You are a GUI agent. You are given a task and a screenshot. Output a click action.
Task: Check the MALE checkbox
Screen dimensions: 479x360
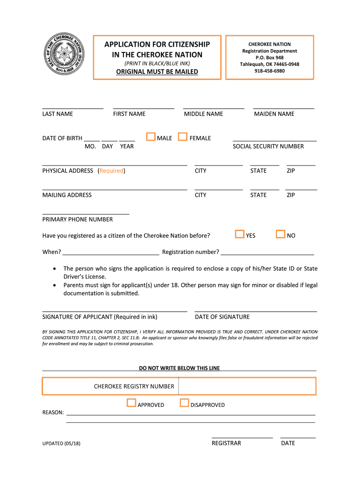click(151, 137)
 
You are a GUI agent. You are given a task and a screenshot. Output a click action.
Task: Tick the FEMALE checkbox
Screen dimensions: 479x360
click(183, 137)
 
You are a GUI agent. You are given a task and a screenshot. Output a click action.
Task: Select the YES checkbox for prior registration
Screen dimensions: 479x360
click(240, 234)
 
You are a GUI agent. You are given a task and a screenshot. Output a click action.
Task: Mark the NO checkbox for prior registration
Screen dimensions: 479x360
click(281, 234)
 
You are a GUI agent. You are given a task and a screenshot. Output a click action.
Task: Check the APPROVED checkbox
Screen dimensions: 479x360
click(131, 403)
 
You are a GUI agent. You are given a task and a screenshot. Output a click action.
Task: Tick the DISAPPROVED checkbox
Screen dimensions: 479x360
click(184, 403)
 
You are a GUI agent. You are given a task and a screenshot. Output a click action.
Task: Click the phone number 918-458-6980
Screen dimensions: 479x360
click(269, 71)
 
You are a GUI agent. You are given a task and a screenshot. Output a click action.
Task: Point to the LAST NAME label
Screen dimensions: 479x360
click(58, 114)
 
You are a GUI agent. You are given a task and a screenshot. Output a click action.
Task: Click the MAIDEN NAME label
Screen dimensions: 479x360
click(274, 114)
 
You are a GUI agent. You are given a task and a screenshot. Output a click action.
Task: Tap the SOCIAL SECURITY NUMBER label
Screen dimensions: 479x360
click(268, 146)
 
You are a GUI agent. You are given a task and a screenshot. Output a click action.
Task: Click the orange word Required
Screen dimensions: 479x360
click(111, 171)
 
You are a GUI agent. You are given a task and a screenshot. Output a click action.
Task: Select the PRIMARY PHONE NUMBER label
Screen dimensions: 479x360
click(78, 219)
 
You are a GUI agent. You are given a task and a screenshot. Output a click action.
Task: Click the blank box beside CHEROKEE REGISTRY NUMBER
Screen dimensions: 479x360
click(247, 386)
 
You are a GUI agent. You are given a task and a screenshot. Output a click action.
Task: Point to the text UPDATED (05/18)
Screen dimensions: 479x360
click(61, 443)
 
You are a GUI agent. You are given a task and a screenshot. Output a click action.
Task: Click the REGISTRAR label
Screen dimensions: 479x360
click(226, 443)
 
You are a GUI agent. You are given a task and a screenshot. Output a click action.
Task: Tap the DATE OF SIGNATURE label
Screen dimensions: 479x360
click(222, 317)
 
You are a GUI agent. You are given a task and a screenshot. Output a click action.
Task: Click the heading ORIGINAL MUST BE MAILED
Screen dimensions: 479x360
click(157, 72)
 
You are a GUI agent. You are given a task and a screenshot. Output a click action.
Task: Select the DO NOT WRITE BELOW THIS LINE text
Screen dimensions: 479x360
click(179, 368)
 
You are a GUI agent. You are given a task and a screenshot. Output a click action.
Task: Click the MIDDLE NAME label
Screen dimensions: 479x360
click(203, 114)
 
